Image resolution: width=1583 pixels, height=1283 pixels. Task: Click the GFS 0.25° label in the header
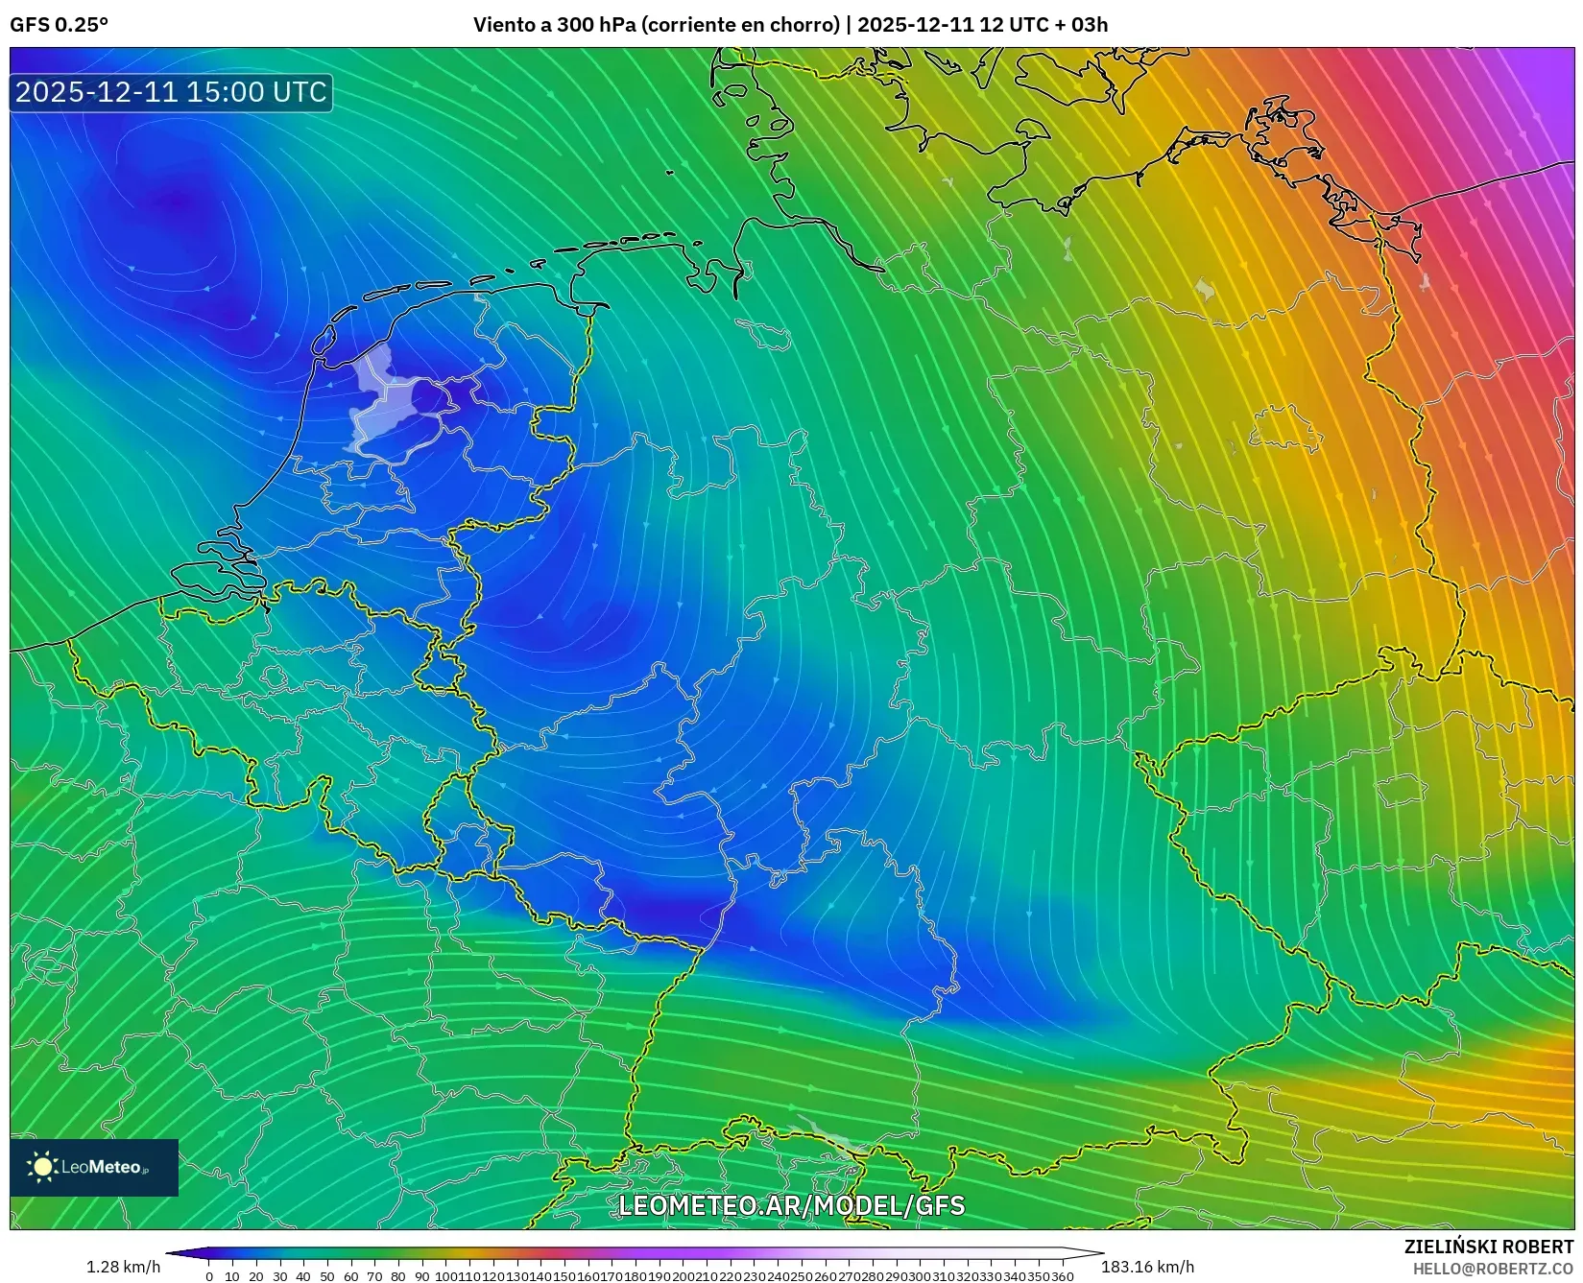(59, 25)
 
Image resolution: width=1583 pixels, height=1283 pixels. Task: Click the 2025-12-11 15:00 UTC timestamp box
(171, 92)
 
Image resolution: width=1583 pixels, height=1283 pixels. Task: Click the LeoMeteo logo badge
(94, 1167)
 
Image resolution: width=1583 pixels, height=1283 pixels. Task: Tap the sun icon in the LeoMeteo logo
(42, 1167)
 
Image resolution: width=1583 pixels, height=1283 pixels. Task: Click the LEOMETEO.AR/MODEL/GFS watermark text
(791, 1205)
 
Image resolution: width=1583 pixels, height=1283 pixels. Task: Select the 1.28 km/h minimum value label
(123, 1267)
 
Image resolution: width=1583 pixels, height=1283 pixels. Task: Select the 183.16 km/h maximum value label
(1147, 1267)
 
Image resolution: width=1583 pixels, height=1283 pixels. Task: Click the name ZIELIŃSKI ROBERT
(1489, 1247)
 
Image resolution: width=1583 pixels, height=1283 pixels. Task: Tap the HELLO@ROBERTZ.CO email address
(1493, 1269)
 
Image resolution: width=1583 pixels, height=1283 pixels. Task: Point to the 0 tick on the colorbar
(209, 1276)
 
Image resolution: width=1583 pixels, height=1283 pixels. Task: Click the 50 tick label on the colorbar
(327, 1276)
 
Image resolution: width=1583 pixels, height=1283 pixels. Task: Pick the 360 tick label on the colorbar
(1062, 1276)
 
